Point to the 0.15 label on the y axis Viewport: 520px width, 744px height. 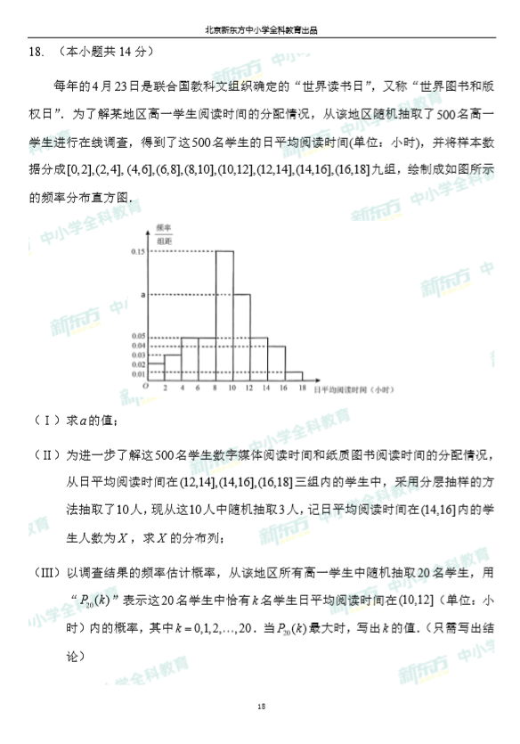pyautogui.click(x=137, y=252)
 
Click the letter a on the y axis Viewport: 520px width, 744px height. pyautogui.click(x=142, y=293)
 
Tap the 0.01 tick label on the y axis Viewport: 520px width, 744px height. pyautogui.click(x=137, y=373)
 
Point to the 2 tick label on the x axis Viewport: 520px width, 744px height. pyautogui.click(x=166, y=388)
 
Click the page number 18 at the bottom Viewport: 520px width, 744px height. pyautogui.click(x=261, y=707)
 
